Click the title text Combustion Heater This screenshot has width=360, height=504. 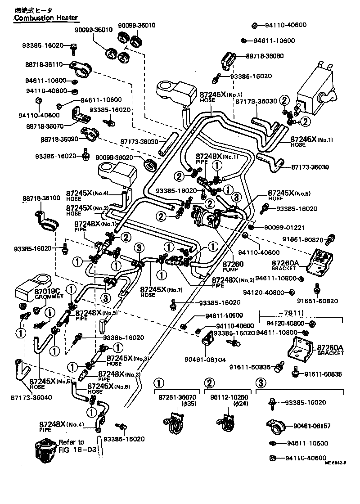45,18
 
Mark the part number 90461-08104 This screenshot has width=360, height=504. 203,360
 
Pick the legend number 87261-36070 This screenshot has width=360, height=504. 177,398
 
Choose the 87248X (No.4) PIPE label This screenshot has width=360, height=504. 60,427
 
